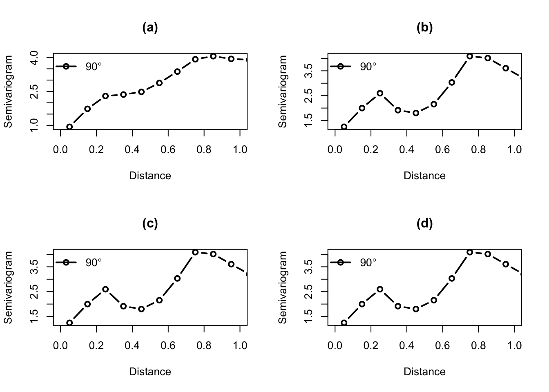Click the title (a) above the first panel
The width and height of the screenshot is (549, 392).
point(150,28)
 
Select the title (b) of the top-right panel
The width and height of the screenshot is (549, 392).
point(424,28)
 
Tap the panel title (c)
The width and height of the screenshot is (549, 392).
point(150,224)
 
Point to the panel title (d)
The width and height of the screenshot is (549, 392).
point(424,224)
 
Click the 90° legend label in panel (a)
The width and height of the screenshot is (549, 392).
point(94,67)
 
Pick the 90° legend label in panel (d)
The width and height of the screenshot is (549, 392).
point(368,263)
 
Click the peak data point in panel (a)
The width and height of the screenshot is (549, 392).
point(213,56)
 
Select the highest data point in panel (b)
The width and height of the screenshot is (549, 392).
point(470,56)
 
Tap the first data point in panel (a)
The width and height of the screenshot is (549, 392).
point(69,127)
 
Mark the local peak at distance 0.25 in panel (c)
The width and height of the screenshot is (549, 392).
point(105,289)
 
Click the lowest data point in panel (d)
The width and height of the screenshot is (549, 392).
point(344,323)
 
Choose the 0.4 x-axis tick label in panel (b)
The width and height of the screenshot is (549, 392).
point(407,150)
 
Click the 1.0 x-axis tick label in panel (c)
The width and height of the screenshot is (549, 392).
point(240,346)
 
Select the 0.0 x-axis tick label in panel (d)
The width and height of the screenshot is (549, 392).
point(335,346)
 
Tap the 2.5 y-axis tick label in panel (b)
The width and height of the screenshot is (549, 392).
point(309,96)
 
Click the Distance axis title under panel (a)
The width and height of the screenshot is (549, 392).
point(150,176)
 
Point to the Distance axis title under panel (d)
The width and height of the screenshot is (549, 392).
point(424,372)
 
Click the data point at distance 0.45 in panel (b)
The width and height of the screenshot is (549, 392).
point(416,113)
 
